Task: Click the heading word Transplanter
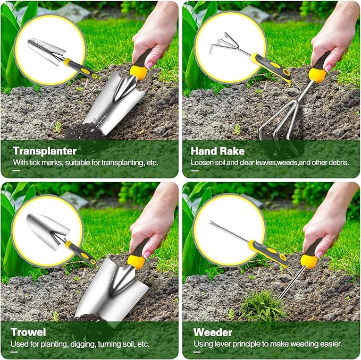45,151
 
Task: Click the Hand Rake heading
217,151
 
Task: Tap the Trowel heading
28,332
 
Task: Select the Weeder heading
213,332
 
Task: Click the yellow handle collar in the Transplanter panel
139,71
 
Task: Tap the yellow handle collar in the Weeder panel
308,261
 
